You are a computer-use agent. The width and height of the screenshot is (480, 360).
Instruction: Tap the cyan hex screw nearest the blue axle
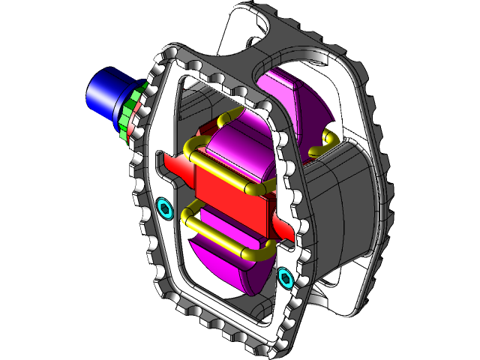pos(165,208)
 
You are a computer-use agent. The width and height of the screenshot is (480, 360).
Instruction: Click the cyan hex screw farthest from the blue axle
pos(285,279)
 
